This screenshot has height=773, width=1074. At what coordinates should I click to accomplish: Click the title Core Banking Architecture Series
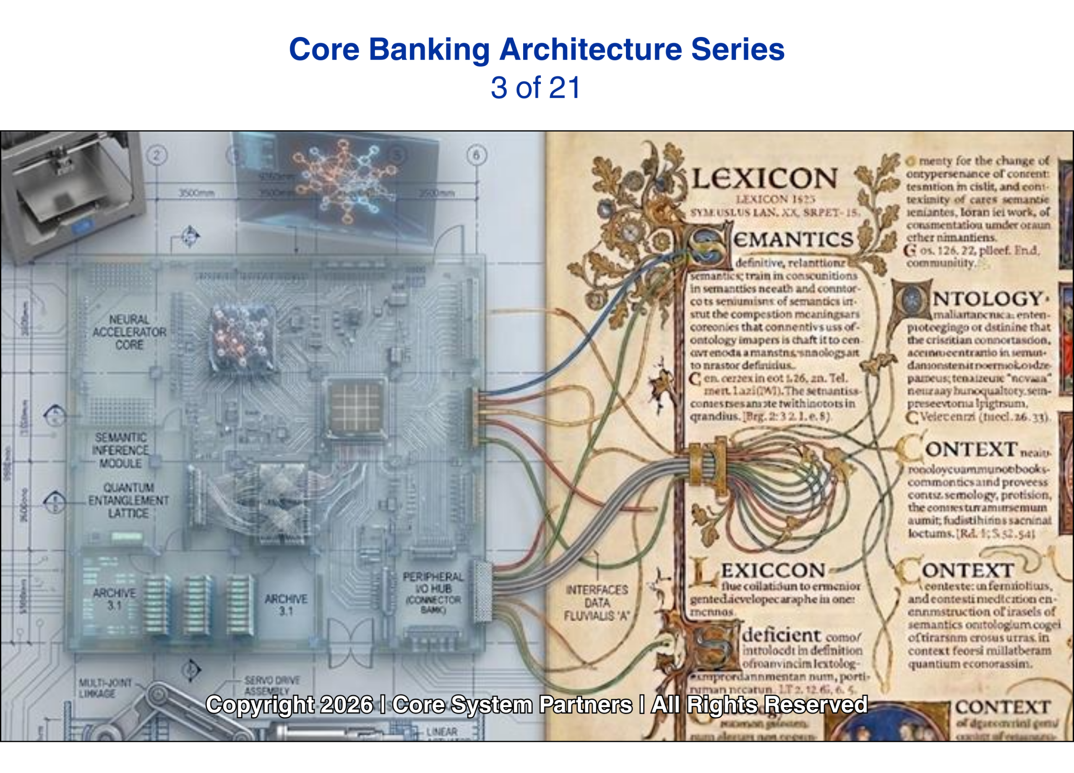[x=537, y=49]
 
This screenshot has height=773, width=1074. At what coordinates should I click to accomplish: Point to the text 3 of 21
[x=536, y=88]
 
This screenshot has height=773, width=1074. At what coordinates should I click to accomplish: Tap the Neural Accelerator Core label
[x=129, y=332]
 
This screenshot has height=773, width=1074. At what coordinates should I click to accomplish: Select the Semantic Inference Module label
[x=120, y=450]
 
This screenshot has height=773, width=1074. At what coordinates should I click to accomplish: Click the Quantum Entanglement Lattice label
[x=128, y=500]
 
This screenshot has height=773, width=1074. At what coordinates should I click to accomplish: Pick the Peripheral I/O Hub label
[x=433, y=592]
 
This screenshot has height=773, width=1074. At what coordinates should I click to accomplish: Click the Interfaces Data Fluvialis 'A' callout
[x=596, y=603]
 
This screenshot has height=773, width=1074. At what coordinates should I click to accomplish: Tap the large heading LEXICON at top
[x=765, y=179]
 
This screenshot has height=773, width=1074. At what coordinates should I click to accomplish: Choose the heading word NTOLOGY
[x=987, y=298]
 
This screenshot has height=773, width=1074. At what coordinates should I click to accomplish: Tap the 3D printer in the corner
[x=71, y=194]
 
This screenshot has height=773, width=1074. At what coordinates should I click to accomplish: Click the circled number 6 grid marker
[x=477, y=155]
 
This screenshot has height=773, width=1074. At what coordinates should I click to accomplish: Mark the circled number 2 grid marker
[x=157, y=155]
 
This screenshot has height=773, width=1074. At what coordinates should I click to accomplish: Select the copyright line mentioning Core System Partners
[x=537, y=704]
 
